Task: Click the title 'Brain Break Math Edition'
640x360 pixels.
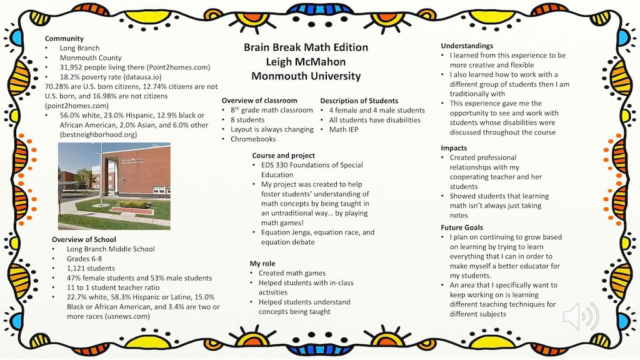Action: tap(306, 47)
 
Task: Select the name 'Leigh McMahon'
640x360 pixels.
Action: tap(306, 62)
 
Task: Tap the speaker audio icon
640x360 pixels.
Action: tap(580, 317)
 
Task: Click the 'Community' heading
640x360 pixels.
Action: tap(64, 39)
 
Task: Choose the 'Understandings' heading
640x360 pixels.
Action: tap(467, 46)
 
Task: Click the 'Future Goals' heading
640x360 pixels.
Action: tap(462, 227)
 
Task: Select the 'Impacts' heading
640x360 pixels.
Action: tap(454, 148)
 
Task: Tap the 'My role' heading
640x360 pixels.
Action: tap(262, 264)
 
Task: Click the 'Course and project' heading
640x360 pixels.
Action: tap(284, 156)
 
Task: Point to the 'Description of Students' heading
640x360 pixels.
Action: tap(359, 101)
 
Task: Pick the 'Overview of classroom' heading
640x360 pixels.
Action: tap(259, 101)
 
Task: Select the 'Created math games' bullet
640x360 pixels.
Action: tap(292, 273)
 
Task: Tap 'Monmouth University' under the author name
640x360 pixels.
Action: tap(306, 76)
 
